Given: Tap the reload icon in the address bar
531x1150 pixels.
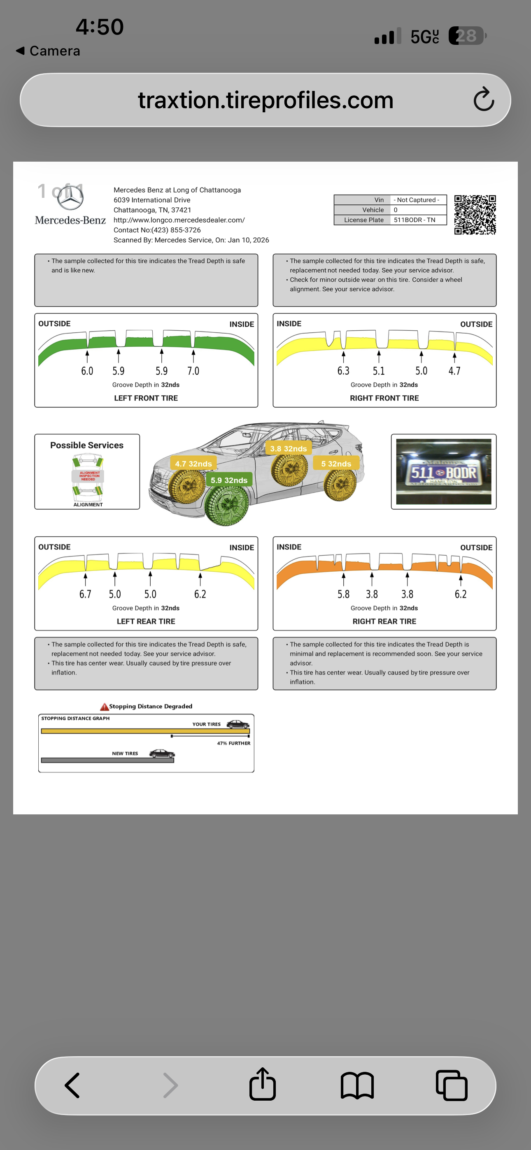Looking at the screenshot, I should (x=484, y=100).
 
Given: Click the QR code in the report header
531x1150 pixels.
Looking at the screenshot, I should (x=475, y=215).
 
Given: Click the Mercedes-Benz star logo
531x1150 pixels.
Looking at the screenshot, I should (x=70, y=198).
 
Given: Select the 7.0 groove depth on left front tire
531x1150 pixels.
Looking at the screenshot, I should (x=193, y=371).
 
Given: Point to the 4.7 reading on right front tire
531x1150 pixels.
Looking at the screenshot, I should (x=454, y=371).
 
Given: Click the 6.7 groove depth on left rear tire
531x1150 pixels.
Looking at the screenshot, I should (x=85, y=594).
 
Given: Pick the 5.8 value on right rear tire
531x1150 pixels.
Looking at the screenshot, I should (x=343, y=594).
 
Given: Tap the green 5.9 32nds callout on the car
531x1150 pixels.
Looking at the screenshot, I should (x=229, y=480).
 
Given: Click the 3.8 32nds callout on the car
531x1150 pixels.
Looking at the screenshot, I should (x=288, y=449).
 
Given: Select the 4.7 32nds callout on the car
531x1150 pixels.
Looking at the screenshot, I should (x=193, y=464).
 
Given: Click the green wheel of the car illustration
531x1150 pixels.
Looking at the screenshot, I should (x=227, y=506).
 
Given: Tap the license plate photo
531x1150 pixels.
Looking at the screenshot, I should (x=443, y=471).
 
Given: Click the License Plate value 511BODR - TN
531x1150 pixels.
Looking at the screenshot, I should (x=415, y=220).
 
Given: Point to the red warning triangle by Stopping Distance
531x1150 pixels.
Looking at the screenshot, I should (x=104, y=707).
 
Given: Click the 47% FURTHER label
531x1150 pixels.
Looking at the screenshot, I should (x=233, y=743).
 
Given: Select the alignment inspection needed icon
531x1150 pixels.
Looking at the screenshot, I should (x=88, y=476).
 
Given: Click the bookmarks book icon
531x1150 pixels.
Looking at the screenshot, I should (x=357, y=1085).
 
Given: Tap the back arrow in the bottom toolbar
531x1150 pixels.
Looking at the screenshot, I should (x=72, y=1085).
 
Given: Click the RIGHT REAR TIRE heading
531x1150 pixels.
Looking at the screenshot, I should (x=384, y=621).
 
